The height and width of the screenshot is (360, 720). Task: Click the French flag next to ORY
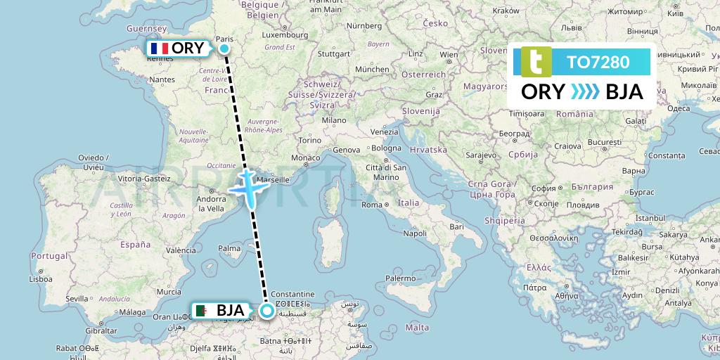159,49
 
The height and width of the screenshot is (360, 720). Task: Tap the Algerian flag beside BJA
202,310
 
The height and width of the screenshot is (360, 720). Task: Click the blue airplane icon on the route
248,188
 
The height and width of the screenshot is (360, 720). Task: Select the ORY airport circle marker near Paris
224,49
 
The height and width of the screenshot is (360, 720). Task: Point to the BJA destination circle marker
267,310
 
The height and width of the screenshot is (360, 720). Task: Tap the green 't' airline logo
535,62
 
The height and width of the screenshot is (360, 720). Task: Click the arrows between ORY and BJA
585,92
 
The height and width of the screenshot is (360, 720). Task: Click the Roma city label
372,205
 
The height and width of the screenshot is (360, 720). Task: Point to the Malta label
417,327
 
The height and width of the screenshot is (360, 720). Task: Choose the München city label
372,70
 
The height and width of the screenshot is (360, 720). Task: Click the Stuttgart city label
333,53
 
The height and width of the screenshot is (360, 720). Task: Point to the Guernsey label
145,28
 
